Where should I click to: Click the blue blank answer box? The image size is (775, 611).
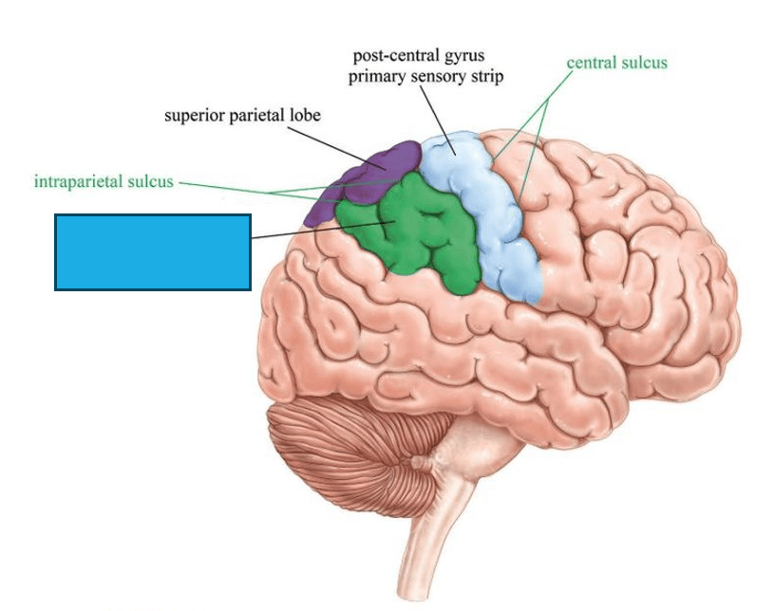tap(153, 252)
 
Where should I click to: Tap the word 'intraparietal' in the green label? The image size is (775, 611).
tap(79, 181)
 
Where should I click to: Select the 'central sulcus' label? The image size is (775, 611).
tap(616, 63)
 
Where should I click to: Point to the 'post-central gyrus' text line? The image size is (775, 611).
tap(419, 55)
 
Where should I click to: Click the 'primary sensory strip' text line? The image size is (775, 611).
tap(425, 77)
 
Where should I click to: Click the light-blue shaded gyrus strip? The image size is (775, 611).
tap(482, 213)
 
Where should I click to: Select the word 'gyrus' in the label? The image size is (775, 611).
tap(464, 56)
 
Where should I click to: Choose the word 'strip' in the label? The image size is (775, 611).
tap(489, 77)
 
